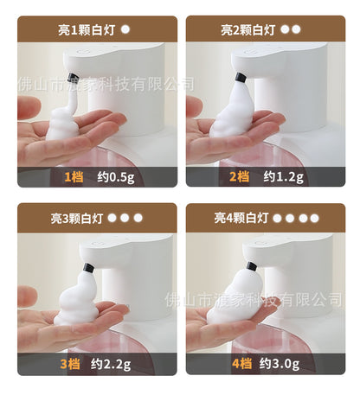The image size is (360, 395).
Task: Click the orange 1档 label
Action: coord(74,176)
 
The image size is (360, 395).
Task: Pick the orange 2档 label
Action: coord(239,176)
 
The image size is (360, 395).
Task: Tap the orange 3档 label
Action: coord(70,364)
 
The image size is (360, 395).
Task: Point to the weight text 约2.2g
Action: coord(115,364)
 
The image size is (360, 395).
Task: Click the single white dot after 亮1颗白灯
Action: coord(125,29)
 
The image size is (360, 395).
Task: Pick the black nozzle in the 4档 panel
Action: coord(250,269)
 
